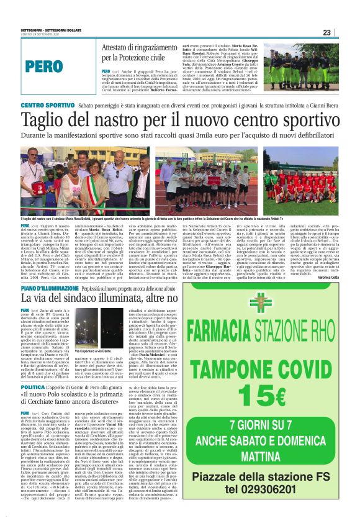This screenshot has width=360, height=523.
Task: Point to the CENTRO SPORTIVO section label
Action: tap(48, 106)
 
